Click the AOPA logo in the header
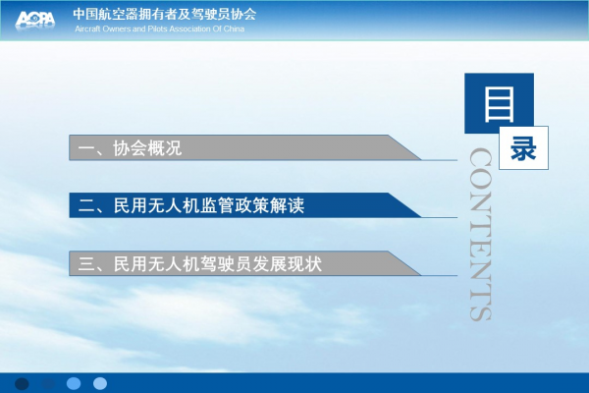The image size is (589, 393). pyautogui.click(x=35, y=20)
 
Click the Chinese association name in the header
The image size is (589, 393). pyautogui.click(x=165, y=14)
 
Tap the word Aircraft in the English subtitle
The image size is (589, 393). pyautogui.click(x=87, y=28)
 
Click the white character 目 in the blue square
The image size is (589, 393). pyautogui.click(x=499, y=104)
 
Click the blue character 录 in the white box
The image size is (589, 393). pyautogui.click(x=523, y=147)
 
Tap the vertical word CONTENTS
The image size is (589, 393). pyautogui.click(x=480, y=234)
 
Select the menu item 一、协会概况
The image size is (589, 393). pyautogui.click(x=130, y=148)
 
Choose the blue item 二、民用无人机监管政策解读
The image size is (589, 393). pyautogui.click(x=191, y=205)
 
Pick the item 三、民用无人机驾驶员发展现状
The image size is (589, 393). pyautogui.click(x=200, y=263)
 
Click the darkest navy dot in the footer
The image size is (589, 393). pyautogui.click(x=22, y=383)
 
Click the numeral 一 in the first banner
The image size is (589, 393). pyautogui.click(x=86, y=148)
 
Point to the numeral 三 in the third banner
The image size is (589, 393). pyautogui.click(x=86, y=264)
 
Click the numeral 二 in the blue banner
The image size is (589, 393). pyautogui.click(x=86, y=206)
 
